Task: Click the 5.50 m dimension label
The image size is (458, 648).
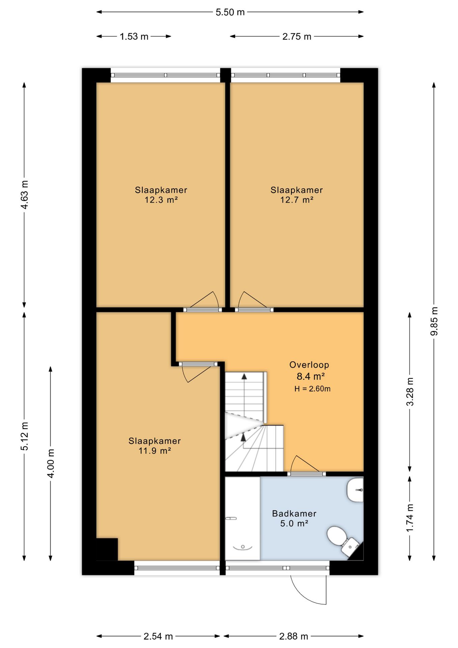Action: click(x=230, y=12)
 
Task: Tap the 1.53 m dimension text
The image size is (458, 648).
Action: click(x=134, y=36)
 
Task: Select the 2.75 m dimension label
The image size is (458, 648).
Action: click(x=297, y=36)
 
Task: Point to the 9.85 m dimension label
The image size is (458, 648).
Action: click(x=434, y=321)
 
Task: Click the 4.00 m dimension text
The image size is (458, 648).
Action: click(x=51, y=463)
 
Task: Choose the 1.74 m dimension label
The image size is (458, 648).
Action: click(x=410, y=518)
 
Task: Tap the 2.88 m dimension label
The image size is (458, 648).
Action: click(x=293, y=636)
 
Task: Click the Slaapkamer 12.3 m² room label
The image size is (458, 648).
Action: click(x=161, y=195)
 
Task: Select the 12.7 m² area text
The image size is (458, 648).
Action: click(x=297, y=200)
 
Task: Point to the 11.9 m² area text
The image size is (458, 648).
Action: click(x=155, y=451)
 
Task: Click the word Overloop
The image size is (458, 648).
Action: click(x=309, y=364)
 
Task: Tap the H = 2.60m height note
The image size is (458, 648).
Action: click(x=312, y=388)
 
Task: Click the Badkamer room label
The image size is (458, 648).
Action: click(x=294, y=513)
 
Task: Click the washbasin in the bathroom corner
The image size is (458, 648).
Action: click(x=355, y=490)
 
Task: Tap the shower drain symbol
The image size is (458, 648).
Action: click(x=242, y=547)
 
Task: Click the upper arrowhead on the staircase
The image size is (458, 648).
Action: click(x=244, y=376)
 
